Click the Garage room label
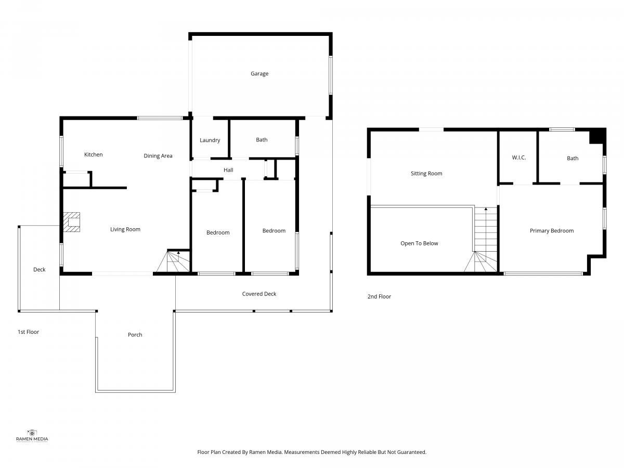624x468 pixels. point(259,74)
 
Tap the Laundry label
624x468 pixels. point(210,140)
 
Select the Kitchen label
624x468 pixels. point(93,154)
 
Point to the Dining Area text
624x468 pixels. point(158,155)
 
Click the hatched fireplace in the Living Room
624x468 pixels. point(71,222)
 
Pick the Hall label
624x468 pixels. point(228,170)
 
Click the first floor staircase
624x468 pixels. point(173,261)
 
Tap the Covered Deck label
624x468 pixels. point(259,294)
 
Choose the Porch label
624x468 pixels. point(135,335)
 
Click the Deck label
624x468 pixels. point(39,269)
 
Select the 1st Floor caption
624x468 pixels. point(28,332)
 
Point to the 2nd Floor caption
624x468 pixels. point(379,296)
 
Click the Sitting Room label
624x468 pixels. point(426,173)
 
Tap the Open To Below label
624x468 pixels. point(419,243)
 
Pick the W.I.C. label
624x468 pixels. point(519,158)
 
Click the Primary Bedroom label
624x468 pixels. point(552,231)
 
